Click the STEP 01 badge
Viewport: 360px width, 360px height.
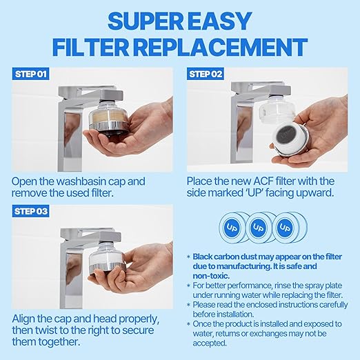(30, 73)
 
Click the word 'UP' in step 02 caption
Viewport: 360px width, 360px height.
(277, 194)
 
